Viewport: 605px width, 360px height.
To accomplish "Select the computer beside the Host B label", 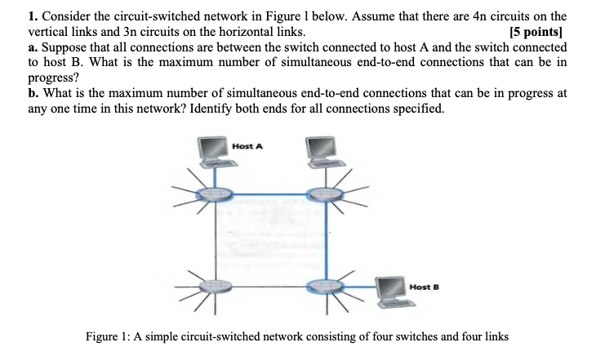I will click(394, 292).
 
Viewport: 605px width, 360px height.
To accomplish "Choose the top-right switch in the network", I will click(324, 194).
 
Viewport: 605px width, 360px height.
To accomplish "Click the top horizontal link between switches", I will click(269, 194).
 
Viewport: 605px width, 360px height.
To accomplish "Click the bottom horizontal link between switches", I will click(269, 287).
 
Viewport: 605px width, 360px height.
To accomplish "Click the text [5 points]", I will click(537, 33).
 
